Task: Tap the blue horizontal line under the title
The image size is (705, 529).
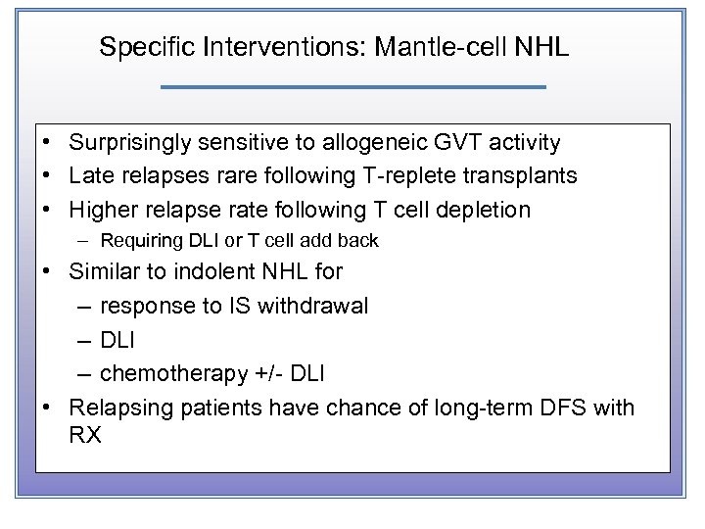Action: (352, 88)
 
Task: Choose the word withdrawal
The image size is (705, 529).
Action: (313, 306)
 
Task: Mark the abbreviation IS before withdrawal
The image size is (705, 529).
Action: (240, 306)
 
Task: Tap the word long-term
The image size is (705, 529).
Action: (474, 408)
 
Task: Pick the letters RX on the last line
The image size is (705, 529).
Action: (85, 435)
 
